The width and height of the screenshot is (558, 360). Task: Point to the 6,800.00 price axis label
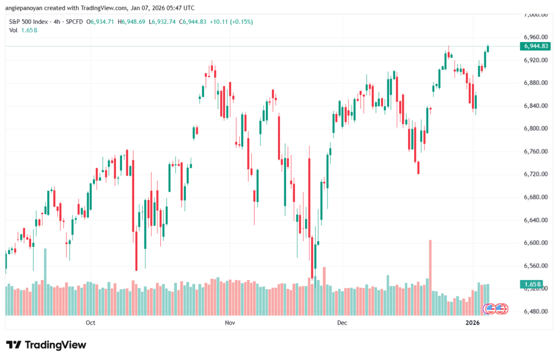click(533, 129)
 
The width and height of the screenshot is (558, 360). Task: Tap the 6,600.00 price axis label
click(533, 243)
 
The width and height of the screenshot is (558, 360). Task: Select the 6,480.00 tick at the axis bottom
click(533, 312)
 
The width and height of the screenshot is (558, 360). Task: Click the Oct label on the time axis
click(90, 323)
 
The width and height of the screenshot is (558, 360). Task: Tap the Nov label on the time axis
click(229, 323)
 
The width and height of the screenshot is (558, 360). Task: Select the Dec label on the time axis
click(342, 323)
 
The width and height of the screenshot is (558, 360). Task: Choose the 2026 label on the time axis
click(472, 323)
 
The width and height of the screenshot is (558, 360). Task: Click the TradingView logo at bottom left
click(46, 345)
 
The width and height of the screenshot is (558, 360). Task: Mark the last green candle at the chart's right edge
click(488, 49)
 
